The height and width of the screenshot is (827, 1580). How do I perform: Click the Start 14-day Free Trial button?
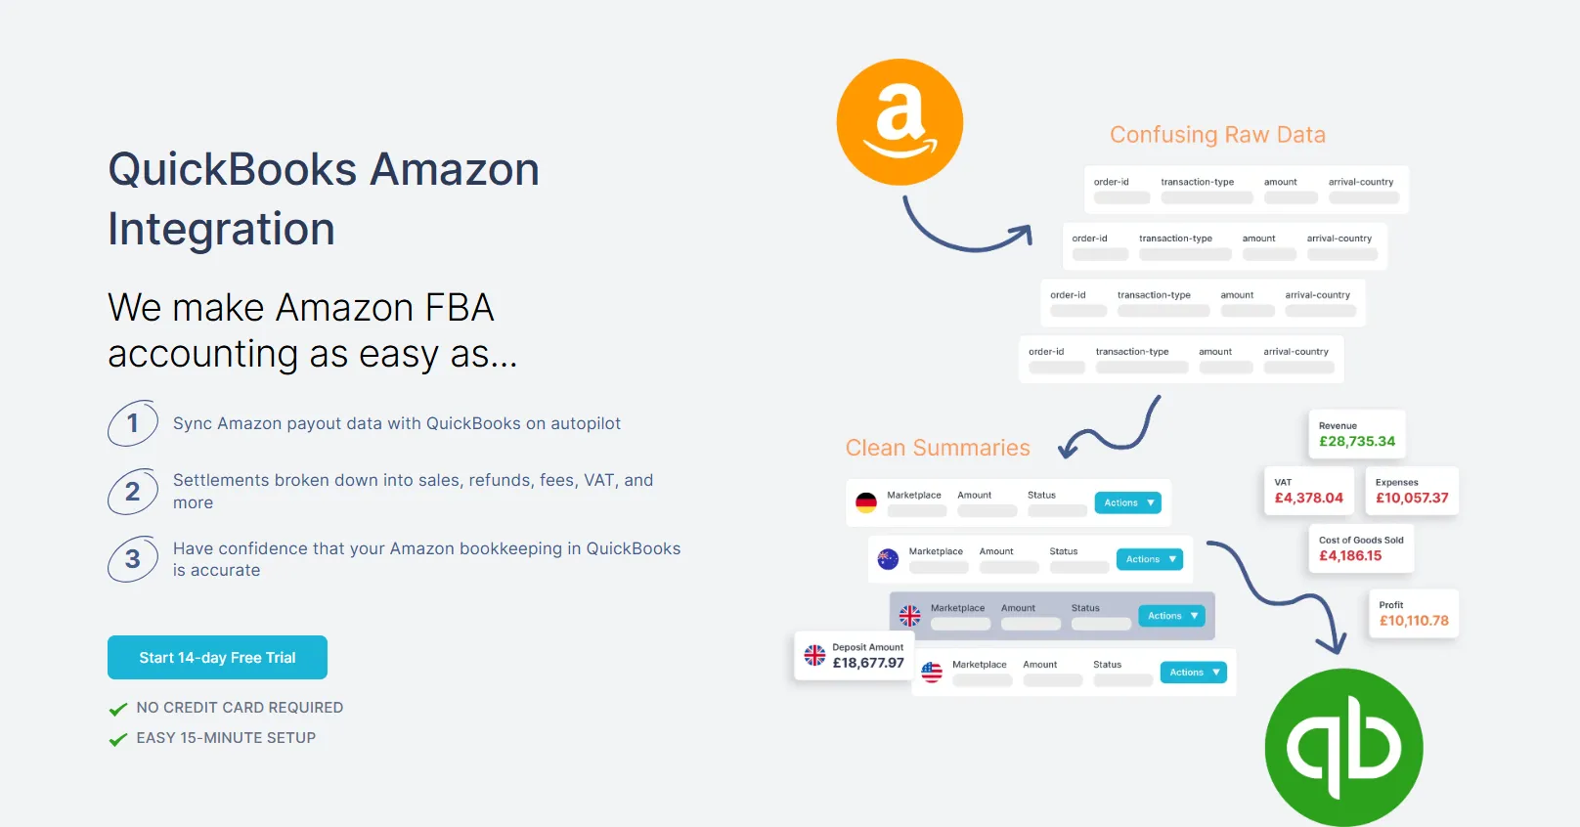(x=217, y=658)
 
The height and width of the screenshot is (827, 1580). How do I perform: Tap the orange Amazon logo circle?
(x=900, y=122)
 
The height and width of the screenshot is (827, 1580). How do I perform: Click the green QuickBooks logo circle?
(x=1343, y=748)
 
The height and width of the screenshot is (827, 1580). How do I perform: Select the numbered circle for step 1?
(x=133, y=423)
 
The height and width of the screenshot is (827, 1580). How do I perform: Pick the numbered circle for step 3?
(x=133, y=559)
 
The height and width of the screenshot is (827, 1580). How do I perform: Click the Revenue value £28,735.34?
(x=1357, y=442)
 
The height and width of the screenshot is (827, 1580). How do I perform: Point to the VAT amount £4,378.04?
(x=1308, y=499)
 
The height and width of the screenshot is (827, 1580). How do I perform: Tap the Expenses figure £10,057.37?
(x=1412, y=499)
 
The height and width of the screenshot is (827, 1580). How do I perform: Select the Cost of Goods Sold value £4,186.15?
(x=1350, y=556)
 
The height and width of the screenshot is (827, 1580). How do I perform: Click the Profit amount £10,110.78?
(x=1414, y=621)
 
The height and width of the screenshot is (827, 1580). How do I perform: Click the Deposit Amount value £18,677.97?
(x=868, y=663)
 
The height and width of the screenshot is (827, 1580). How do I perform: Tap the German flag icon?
(x=866, y=502)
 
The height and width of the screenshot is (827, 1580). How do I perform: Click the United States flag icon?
(x=932, y=673)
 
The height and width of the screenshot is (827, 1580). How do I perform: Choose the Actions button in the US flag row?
(x=1193, y=673)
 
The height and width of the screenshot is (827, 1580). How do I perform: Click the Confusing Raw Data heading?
(x=1217, y=135)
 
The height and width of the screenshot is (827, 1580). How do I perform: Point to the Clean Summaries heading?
(x=938, y=448)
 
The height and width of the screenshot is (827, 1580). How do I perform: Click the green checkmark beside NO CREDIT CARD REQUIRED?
(x=118, y=709)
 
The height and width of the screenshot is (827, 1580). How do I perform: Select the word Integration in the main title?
(x=222, y=230)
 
